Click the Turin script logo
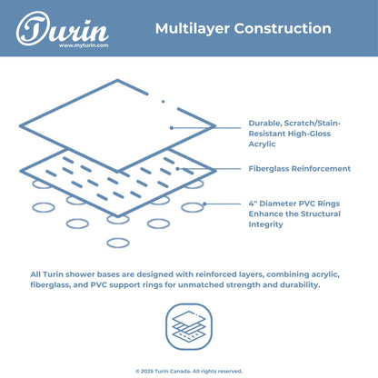click(62, 29)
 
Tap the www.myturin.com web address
click(84, 45)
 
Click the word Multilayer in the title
click(193, 29)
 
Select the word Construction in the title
click(283, 28)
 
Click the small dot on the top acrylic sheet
click(163, 102)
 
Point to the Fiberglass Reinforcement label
click(300, 168)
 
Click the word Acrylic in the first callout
click(262, 144)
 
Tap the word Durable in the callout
click(265, 124)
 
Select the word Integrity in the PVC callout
click(265, 224)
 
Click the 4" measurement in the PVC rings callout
click(253, 204)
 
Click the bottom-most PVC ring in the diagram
click(118, 243)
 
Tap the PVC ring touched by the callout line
click(193, 207)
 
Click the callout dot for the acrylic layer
click(172, 128)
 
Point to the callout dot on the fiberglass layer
click(177, 169)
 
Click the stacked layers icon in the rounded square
click(189, 327)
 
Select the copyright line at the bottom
click(189, 371)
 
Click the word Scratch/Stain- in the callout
click(313, 124)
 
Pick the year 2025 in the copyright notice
click(147, 371)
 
